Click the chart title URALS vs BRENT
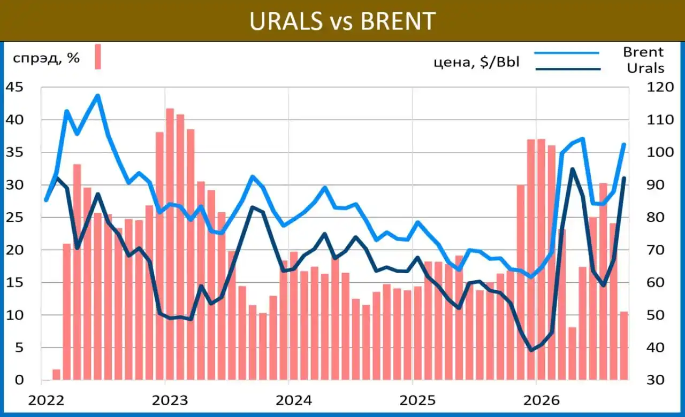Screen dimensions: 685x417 342,21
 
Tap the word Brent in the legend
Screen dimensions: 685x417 643,52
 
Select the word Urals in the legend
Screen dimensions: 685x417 645,68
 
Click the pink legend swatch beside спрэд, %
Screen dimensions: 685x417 98,57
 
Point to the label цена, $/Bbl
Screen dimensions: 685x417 477,62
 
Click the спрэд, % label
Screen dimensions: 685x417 46,58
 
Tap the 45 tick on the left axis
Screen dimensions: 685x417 14,87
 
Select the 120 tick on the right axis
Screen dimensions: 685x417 660,87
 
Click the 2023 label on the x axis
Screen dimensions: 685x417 170,400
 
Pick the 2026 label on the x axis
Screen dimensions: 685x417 541,400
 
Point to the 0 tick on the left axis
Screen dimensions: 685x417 19,380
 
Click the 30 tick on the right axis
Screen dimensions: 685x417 656,380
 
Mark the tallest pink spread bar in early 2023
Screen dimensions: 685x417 170,244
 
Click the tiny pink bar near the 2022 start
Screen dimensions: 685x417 57,375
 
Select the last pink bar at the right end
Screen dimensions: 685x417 624,346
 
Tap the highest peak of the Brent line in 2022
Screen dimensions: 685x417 98,96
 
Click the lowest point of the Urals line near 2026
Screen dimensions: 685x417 531,350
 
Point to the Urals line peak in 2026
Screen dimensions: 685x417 573,169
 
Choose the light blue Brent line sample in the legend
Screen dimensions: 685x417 567,53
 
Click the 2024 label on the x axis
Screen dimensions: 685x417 294,400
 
